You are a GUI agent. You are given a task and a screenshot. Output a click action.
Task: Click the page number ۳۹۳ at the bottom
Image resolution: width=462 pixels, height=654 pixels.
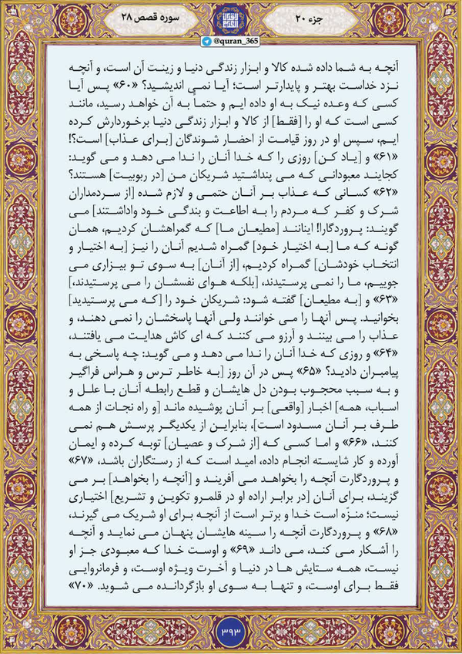[x=231, y=634]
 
